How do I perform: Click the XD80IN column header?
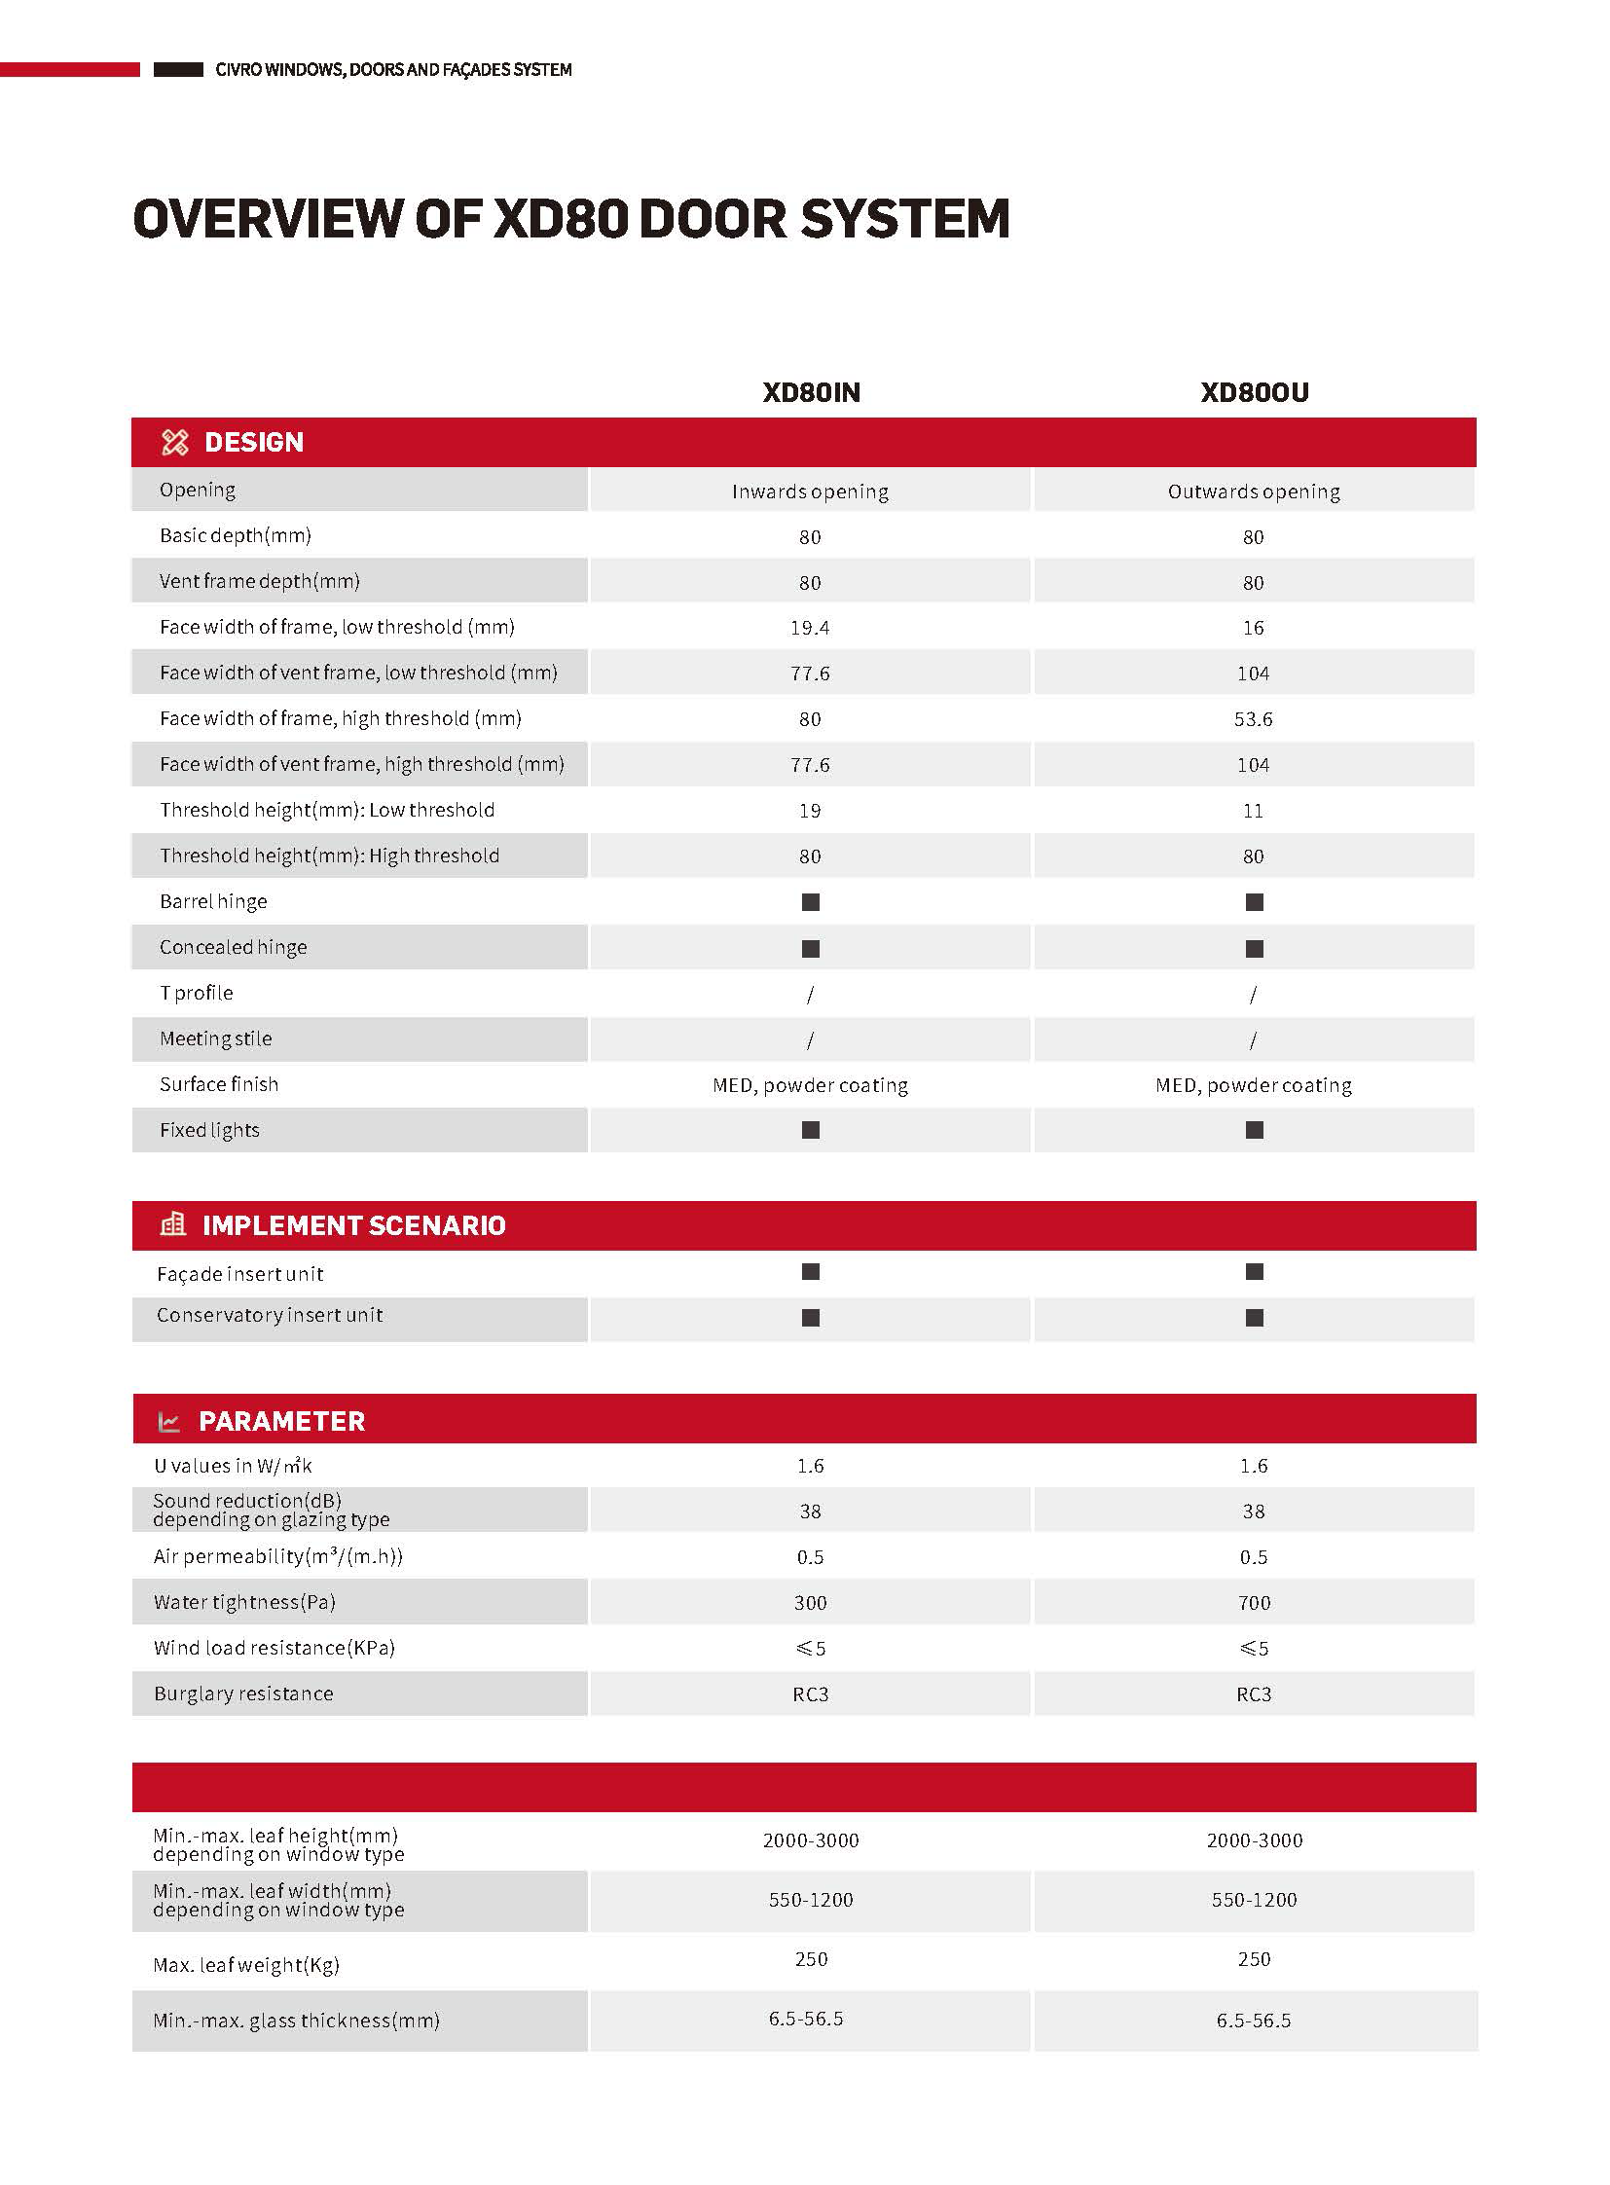pyautogui.click(x=811, y=393)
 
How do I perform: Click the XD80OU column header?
pyautogui.click(x=1254, y=393)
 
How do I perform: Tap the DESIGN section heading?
pyautogui.click(x=253, y=443)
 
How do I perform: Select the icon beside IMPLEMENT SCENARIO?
pyautogui.click(x=172, y=1224)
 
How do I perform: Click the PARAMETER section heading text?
pyautogui.click(x=281, y=1421)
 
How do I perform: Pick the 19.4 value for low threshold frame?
pyautogui.click(x=810, y=628)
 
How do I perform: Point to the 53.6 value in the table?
pyautogui.click(x=1254, y=719)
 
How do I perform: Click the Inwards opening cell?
pyautogui.click(x=810, y=492)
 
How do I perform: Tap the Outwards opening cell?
pyautogui.click(x=1254, y=492)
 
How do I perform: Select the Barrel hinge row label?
pyautogui.click(x=213, y=901)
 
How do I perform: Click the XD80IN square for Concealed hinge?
pyautogui.click(x=810, y=948)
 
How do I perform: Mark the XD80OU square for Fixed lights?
pyautogui.click(x=1255, y=1131)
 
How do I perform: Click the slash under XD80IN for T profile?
pyautogui.click(x=810, y=994)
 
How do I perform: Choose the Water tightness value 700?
pyautogui.click(x=1255, y=1603)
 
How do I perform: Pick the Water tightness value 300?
pyautogui.click(x=810, y=1603)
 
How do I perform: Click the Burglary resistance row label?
pyautogui.click(x=243, y=1693)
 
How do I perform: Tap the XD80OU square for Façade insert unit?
pyautogui.click(x=1255, y=1272)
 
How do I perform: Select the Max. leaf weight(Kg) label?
pyautogui.click(x=246, y=1965)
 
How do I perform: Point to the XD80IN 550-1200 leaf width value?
pyautogui.click(x=810, y=1900)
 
